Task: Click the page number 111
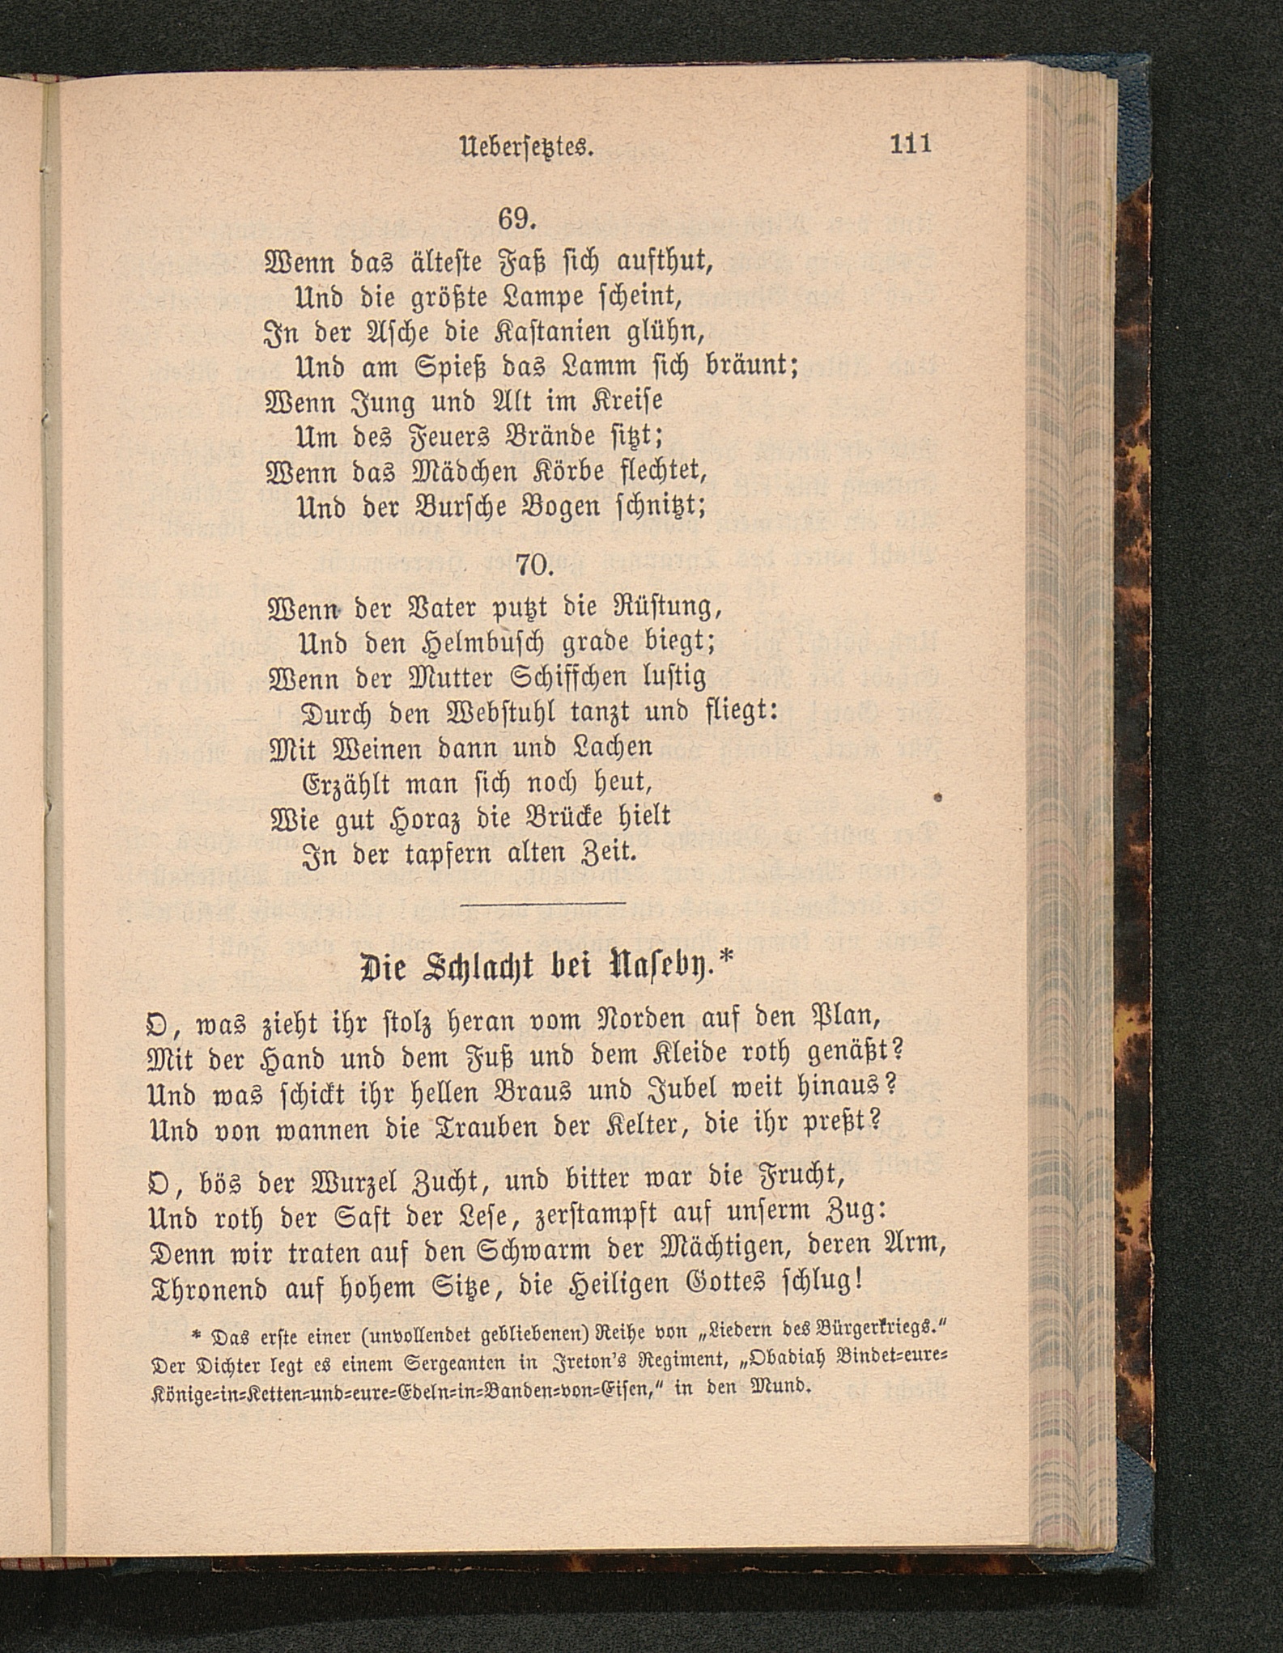pyautogui.click(x=911, y=144)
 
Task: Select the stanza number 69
pyautogui.click(x=517, y=219)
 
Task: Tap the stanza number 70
pyautogui.click(x=533, y=564)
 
